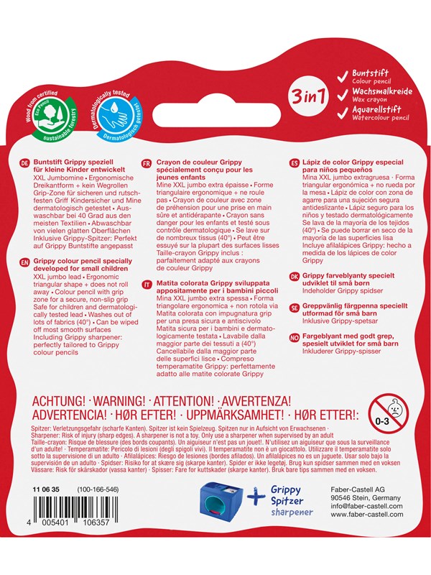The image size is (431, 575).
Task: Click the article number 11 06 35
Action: pos(45,508)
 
